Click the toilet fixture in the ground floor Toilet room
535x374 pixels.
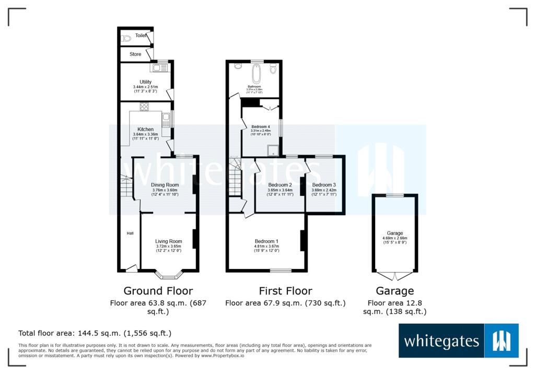tap(126, 38)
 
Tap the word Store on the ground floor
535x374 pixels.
tap(135, 54)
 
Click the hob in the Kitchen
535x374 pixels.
tap(145, 107)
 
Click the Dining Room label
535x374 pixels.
tap(165, 185)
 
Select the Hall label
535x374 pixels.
tap(130, 233)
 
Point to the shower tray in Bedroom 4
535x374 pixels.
tap(272, 151)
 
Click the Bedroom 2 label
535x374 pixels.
tap(280, 185)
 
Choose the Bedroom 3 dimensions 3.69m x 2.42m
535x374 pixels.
tap(323, 190)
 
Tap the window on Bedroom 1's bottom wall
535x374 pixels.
tap(281, 271)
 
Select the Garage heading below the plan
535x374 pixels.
tap(394, 291)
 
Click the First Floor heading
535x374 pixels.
tap(285, 291)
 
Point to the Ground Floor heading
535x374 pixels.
tap(158, 291)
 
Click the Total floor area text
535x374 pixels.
tap(95, 333)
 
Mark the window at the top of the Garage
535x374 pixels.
tap(395, 195)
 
